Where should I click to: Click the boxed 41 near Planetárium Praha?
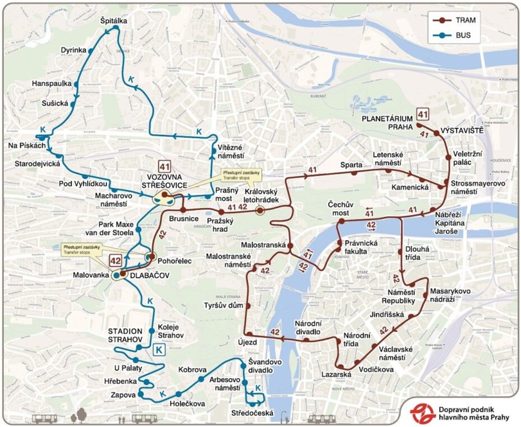tap(423, 115)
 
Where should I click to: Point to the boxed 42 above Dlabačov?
tap(115, 260)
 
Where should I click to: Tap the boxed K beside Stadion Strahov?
tap(159, 350)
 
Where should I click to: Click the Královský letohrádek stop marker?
tap(260, 210)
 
